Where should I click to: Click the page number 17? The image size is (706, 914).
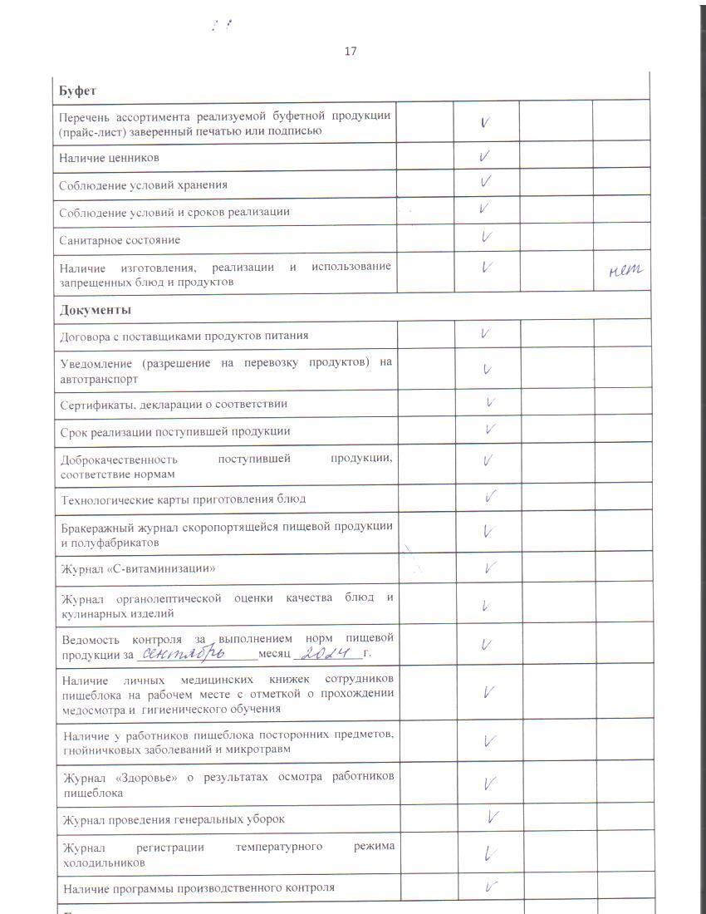pos(351,52)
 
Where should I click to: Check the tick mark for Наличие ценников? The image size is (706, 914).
pos(485,155)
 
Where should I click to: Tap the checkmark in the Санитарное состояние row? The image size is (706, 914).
pos(486,238)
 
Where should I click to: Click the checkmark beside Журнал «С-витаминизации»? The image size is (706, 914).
pos(491,568)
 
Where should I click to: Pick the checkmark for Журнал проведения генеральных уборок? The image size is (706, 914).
pos(493,818)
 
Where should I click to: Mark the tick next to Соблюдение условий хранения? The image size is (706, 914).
pos(486,181)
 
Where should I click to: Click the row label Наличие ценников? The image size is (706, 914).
pos(109,158)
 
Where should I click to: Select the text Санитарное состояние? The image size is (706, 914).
pos(120,240)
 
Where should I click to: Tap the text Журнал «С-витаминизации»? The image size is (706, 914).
pos(133,570)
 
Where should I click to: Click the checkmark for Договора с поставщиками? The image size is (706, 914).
pos(484,334)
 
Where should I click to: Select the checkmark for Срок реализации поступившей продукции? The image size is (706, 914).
pos(490,430)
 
